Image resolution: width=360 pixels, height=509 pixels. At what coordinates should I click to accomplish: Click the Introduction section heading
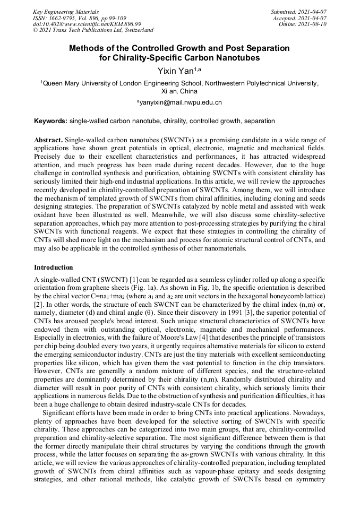click(x=54, y=267)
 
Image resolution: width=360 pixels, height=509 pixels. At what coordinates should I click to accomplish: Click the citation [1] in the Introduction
click(x=126, y=279)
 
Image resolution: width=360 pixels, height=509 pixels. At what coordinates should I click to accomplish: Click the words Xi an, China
click(x=179, y=91)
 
